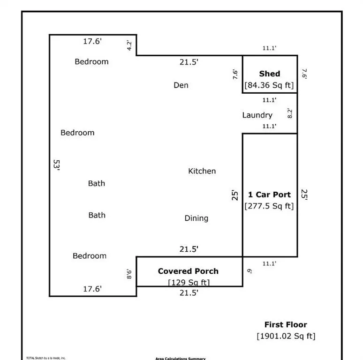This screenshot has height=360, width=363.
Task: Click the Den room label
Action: pyautogui.click(x=181, y=85)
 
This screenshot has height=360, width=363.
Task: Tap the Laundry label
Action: pyautogui.click(x=257, y=115)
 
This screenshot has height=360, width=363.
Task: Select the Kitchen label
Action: pyautogui.click(x=202, y=171)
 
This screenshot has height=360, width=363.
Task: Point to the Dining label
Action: pyautogui.click(x=197, y=218)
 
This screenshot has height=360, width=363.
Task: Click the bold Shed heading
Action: pyautogui.click(x=270, y=74)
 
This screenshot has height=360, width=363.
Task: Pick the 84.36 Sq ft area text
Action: pyautogui.click(x=270, y=85)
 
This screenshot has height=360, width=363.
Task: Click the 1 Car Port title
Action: pyautogui.click(x=270, y=195)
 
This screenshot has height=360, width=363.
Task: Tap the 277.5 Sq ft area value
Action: pyautogui.click(x=270, y=206)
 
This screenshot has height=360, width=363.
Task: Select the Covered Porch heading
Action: pyautogui.click(x=188, y=271)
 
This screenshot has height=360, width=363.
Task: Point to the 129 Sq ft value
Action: pyautogui.click(x=189, y=282)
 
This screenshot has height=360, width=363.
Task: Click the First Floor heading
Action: pyautogui.click(x=286, y=324)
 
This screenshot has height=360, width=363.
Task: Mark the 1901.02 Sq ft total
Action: pyautogui.click(x=286, y=336)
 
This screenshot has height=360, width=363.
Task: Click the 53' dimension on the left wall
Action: pyautogui.click(x=57, y=165)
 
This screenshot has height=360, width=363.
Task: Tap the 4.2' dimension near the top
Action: pyautogui.click(x=129, y=46)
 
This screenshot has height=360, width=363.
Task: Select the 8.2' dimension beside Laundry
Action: pyautogui.click(x=290, y=113)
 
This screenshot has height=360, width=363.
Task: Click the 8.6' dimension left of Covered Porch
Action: pyautogui.click(x=129, y=273)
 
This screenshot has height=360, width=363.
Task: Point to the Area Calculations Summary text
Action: pyautogui.click(x=181, y=359)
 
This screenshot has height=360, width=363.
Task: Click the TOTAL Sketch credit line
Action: pyautogui.click(x=45, y=358)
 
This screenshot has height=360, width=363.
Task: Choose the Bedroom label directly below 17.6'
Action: pyautogui.click(x=91, y=61)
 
